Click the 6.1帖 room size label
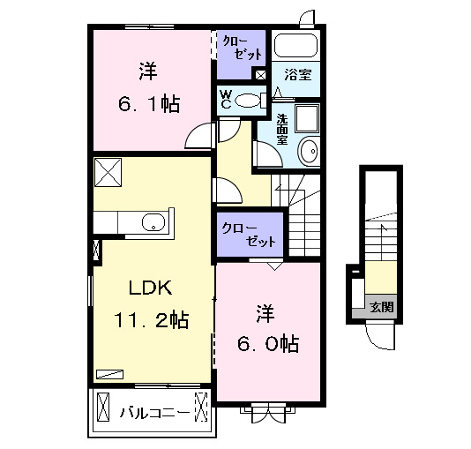click(x=148, y=104)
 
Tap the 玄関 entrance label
click(x=382, y=308)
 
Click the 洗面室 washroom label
click(x=282, y=129)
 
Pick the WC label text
click(x=226, y=98)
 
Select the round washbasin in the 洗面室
click(x=310, y=153)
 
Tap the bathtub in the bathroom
click(x=295, y=45)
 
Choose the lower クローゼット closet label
click(x=250, y=234)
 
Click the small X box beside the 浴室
click(x=261, y=75)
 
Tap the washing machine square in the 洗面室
click(x=309, y=119)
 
